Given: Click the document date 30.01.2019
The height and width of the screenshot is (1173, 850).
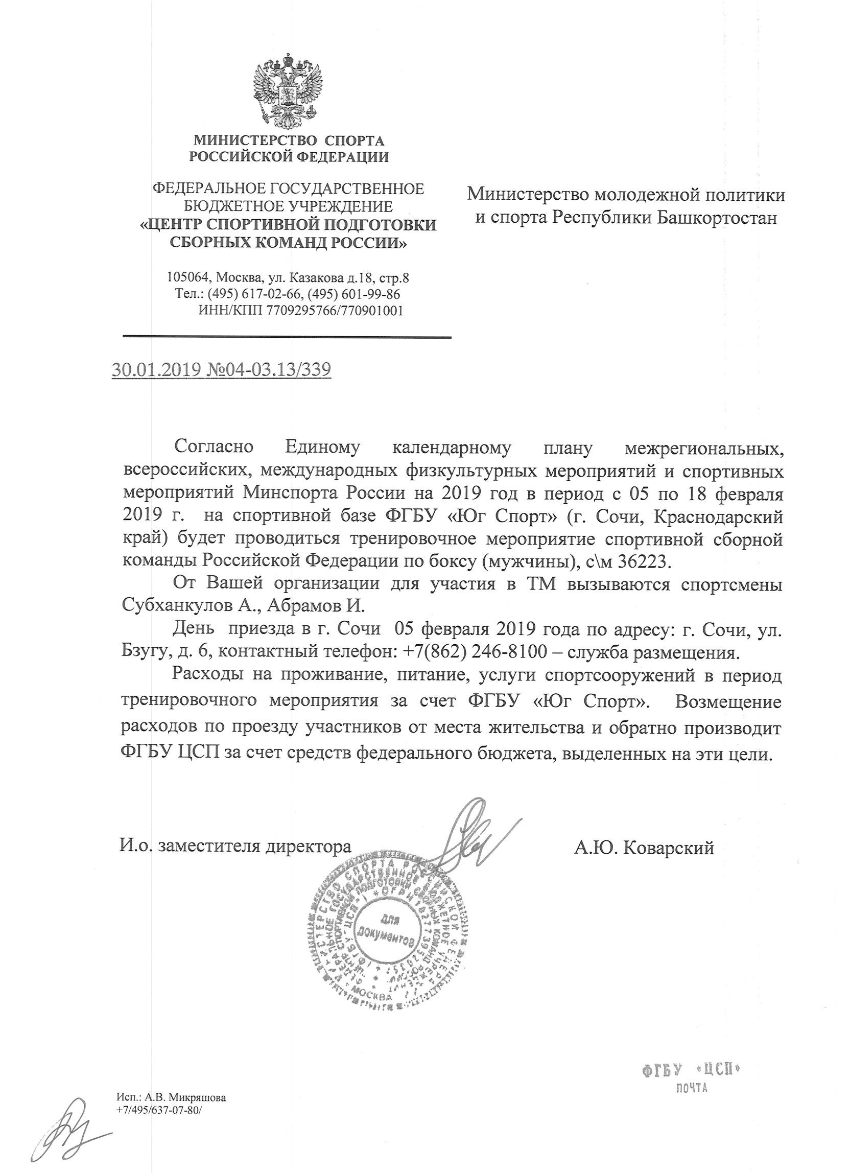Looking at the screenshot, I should coord(156,370).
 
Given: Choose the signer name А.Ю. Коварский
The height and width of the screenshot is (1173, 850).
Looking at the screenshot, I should coord(644,847).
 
